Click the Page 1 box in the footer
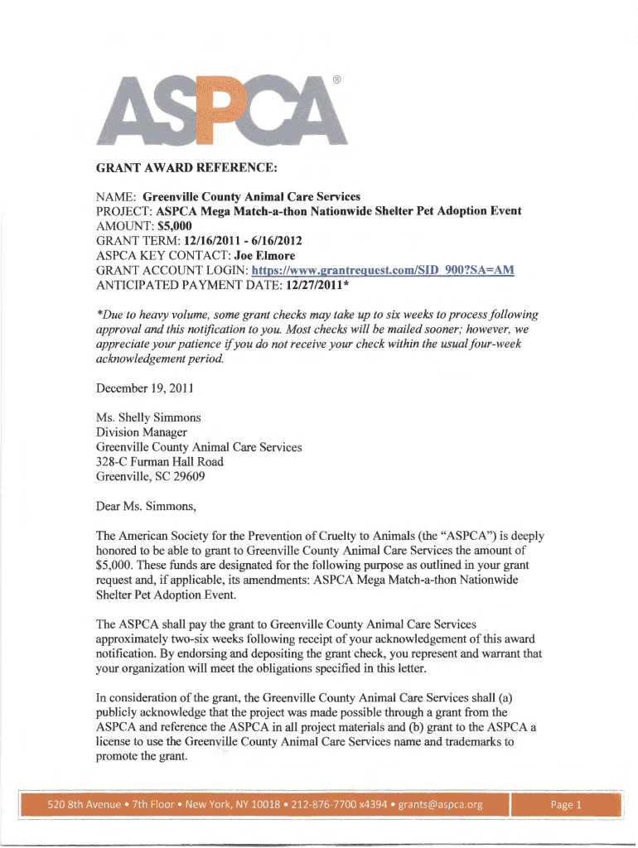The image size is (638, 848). click(x=568, y=804)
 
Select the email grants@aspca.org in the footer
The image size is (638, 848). click(x=440, y=804)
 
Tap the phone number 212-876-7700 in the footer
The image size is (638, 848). click(x=315, y=804)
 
